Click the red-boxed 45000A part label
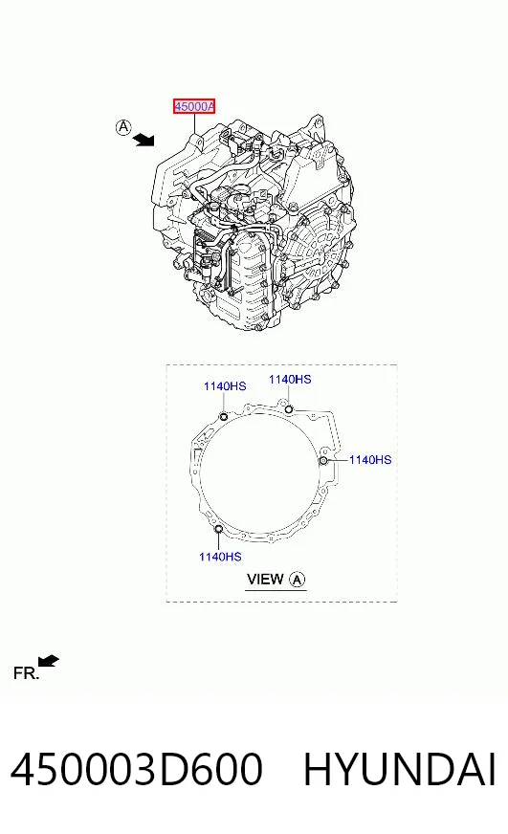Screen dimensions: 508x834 (194, 106)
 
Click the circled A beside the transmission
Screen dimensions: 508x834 (122, 127)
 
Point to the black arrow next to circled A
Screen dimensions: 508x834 (144, 140)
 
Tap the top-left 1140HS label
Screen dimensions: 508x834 (225, 386)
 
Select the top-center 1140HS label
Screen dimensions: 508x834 (290, 380)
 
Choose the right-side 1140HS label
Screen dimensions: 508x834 (370, 459)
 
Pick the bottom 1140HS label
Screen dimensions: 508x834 (220, 557)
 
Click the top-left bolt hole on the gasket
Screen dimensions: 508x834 (224, 416)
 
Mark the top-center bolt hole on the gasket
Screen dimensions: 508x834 (289, 409)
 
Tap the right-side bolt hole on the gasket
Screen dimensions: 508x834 (324, 460)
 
